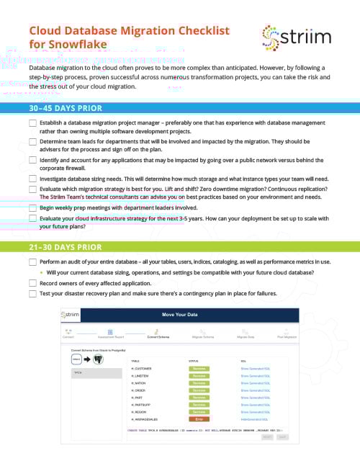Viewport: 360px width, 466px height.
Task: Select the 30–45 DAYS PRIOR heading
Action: (66, 108)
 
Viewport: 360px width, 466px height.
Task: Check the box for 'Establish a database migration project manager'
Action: (33, 123)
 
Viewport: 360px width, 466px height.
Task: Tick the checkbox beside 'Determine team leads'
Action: (33, 142)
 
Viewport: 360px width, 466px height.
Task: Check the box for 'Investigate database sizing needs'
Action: (33, 178)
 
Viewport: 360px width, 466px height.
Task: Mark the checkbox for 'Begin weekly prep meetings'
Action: (33, 207)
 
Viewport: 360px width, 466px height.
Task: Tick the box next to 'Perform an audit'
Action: (33, 262)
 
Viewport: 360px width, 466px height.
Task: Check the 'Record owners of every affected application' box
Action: (33, 283)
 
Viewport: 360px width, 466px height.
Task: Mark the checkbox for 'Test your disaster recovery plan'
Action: (33, 294)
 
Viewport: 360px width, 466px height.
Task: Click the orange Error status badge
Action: (199, 418)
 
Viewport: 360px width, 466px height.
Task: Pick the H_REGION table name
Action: (138, 411)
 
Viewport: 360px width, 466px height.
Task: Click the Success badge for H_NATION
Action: (199, 382)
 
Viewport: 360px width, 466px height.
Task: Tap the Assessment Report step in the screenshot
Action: (111, 336)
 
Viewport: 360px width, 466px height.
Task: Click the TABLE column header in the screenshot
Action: (135, 360)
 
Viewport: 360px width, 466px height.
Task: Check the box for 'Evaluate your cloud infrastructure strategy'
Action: (33, 218)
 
